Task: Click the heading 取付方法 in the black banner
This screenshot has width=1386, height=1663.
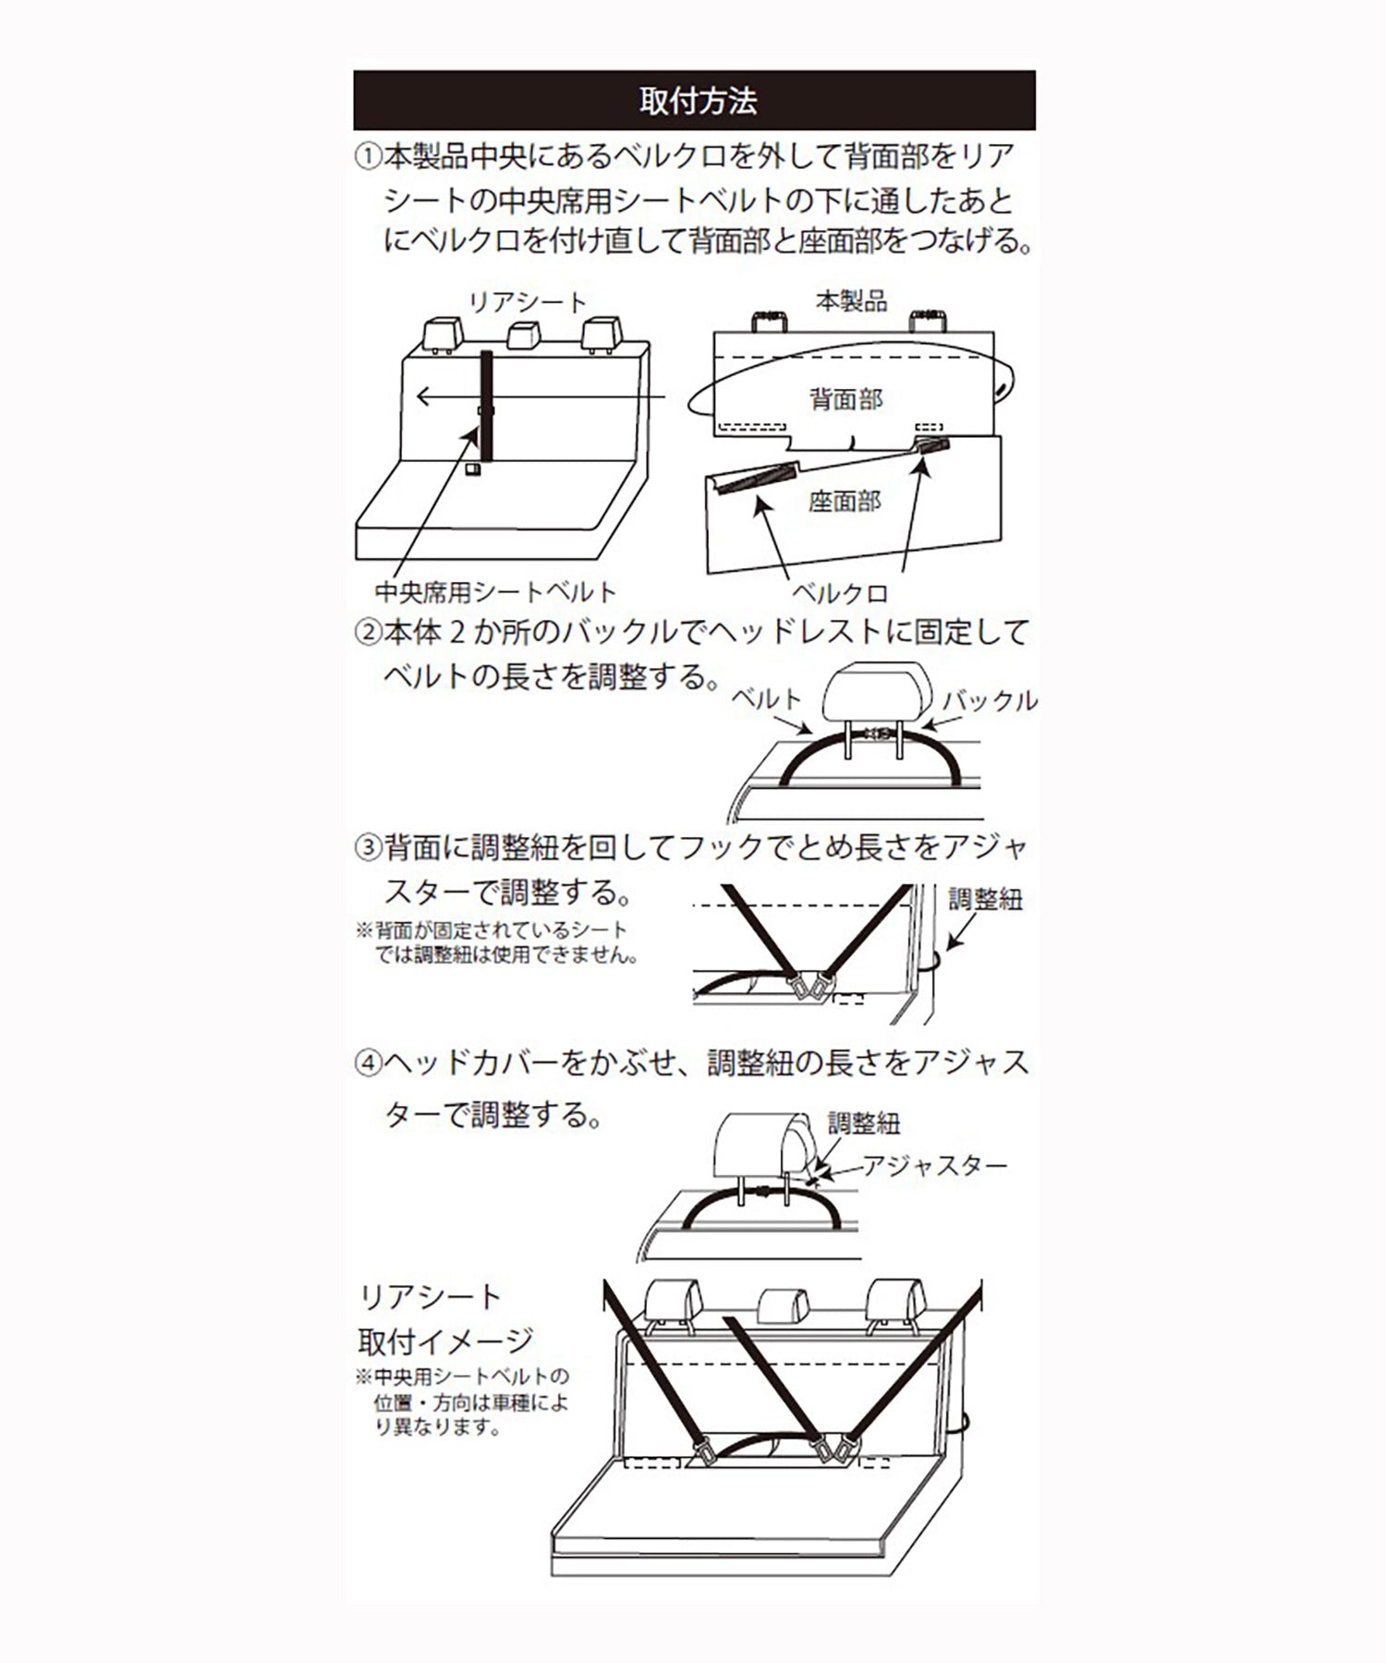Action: point(698,101)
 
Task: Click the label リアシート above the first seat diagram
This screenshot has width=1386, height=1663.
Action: point(527,302)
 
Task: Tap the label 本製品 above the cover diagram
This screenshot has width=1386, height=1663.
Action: point(851,300)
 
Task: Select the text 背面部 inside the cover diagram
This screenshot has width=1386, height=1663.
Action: point(845,399)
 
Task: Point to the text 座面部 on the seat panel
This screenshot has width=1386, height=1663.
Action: point(844,501)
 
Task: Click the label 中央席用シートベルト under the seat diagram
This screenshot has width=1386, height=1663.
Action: point(495,591)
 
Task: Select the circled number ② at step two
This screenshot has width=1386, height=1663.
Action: point(368,633)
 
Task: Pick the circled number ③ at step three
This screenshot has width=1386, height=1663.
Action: point(368,846)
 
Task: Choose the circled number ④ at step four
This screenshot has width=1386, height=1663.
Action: point(368,1062)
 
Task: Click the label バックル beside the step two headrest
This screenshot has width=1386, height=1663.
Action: point(989,700)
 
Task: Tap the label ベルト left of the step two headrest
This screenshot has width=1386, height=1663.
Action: point(766,698)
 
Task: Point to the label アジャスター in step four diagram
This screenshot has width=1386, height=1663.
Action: point(934,1166)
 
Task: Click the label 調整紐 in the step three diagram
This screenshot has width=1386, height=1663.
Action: point(985,899)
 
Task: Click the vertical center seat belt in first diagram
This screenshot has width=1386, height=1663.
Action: point(486,407)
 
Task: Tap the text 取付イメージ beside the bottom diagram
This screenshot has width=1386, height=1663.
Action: point(445,1340)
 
